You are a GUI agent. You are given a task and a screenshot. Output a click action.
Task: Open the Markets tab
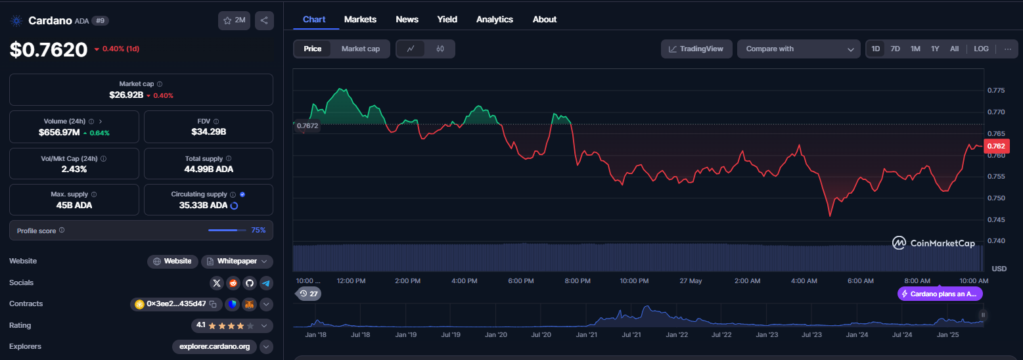[360, 19]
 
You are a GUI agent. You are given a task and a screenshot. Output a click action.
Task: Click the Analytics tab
[494, 19]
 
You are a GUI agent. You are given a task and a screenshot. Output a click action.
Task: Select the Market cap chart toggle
[360, 49]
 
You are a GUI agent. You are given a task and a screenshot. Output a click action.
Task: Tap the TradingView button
[696, 49]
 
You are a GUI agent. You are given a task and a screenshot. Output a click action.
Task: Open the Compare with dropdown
[798, 49]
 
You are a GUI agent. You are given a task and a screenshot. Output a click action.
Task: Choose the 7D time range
[895, 49]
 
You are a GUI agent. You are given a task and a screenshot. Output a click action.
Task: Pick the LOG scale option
[981, 49]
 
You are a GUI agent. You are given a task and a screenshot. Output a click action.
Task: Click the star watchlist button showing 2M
[234, 20]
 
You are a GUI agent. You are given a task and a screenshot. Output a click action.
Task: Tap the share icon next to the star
[264, 20]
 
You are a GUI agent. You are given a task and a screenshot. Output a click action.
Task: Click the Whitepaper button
[237, 261]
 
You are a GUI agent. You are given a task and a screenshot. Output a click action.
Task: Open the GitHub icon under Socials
[250, 283]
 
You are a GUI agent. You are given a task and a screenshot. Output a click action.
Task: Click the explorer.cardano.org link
[214, 347]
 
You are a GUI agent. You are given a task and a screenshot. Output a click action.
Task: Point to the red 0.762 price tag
[996, 146]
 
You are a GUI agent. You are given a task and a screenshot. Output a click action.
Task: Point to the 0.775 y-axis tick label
[996, 91]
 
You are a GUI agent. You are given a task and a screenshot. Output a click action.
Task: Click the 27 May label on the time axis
[691, 281]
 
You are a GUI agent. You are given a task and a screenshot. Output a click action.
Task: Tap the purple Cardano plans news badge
[940, 294]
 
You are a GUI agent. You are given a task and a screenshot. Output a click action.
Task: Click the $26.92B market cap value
[126, 95]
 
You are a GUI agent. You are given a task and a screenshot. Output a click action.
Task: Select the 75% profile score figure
[258, 230]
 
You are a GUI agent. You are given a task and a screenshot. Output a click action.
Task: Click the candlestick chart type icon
[440, 49]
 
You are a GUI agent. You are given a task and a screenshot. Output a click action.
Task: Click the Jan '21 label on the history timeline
[586, 335]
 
